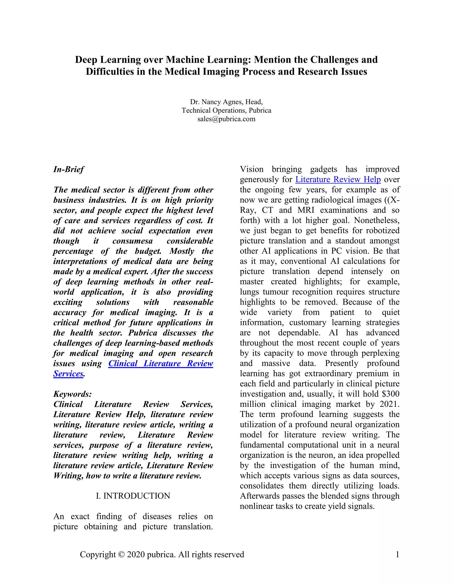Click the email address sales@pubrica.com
226,119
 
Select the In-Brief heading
69,169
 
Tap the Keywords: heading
73,394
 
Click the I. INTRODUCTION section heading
133,496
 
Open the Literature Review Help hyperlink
338,179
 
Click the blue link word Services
68,373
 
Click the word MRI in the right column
306,210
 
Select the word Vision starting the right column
251,169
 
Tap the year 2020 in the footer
136,555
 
